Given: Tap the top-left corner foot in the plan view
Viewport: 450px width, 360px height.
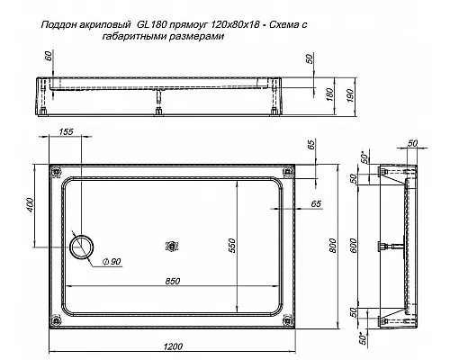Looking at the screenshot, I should [56, 172].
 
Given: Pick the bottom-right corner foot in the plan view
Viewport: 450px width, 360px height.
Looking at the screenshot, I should [286, 319].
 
